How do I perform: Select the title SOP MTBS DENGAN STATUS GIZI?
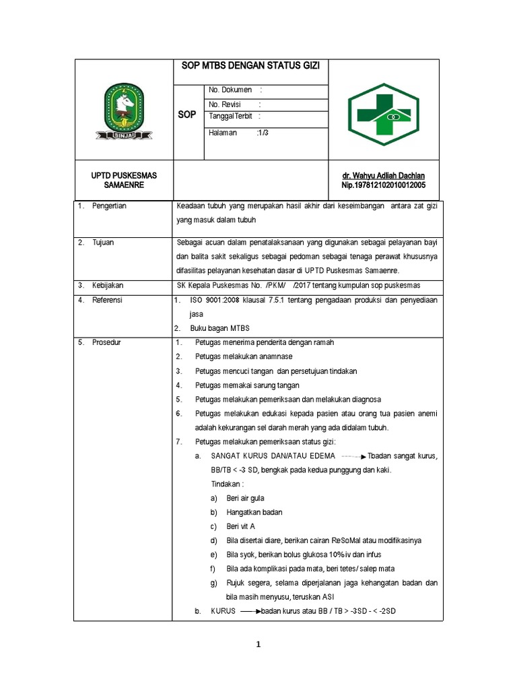[x=250, y=65]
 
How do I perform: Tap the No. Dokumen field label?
[x=230, y=90]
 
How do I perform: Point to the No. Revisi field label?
[x=225, y=104]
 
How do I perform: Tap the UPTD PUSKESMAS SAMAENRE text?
[x=124, y=180]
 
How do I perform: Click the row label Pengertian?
[x=109, y=206]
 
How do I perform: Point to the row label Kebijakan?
[x=108, y=286]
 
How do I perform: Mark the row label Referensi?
[x=108, y=300]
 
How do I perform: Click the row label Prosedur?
[x=106, y=342]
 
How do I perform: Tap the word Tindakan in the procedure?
[x=227, y=484]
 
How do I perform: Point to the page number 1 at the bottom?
[x=258, y=645]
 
